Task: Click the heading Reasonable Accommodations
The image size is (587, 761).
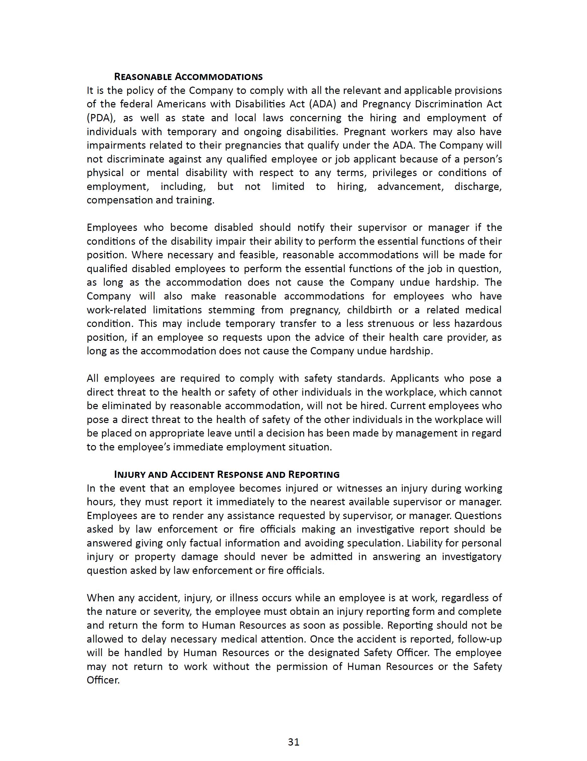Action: pyautogui.click(x=188, y=77)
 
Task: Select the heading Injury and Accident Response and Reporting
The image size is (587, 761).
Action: pyautogui.click(x=227, y=475)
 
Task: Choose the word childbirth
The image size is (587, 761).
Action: pyautogui.click(x=369, y=310)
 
